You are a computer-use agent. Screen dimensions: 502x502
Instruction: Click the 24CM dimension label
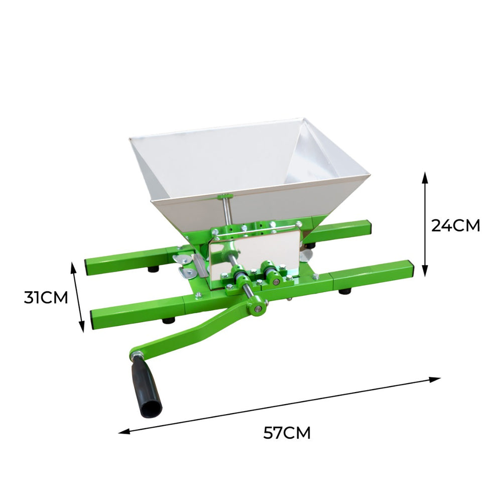[456, 226]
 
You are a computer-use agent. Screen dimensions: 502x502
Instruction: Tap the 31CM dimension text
[46, 297]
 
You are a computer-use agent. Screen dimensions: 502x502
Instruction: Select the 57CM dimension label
[287, 433]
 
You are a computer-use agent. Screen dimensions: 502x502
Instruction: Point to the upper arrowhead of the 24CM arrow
[425, 178]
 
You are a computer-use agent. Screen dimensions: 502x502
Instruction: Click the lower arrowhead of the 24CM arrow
[425, 271]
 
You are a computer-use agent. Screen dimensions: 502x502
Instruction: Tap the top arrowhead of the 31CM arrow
[73, 268]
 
